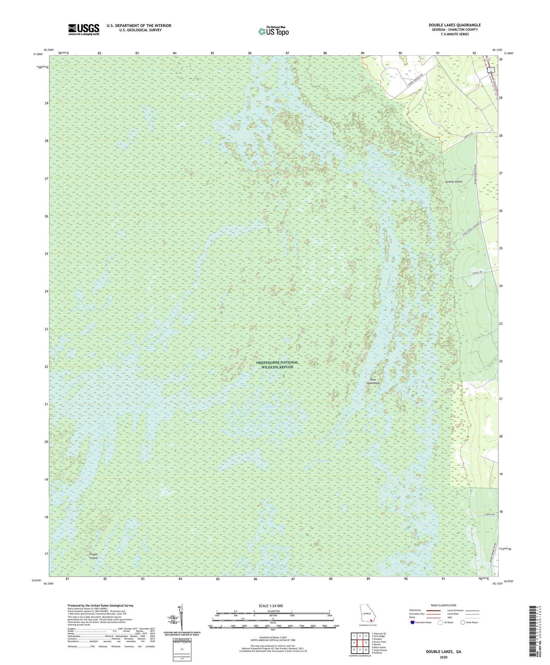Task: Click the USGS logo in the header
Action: [x=84, y=29]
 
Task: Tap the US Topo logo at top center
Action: [x=273, y=31]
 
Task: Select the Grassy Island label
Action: [x=453, y=182]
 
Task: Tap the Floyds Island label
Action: [x=93, y=556]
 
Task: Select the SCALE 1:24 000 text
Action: [x=273, y=606]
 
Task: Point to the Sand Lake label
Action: [x=321, y=461]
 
